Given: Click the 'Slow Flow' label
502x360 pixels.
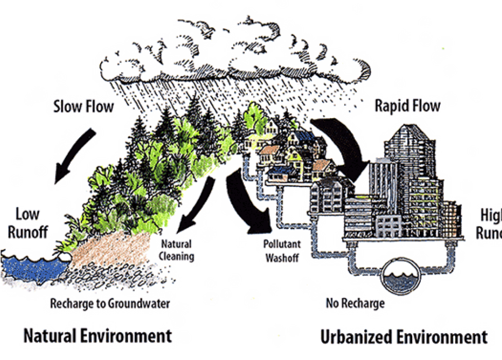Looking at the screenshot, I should (84, 107).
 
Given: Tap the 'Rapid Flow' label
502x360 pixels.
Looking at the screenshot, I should (407, 106).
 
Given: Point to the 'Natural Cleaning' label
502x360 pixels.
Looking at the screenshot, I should (178, 250).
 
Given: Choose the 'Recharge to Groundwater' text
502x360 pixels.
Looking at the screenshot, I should (109, 304).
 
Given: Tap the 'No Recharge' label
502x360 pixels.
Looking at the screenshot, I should (355, 304).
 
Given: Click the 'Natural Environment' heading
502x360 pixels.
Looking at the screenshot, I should (98, 336).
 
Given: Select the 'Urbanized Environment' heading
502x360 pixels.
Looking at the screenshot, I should (403, 337).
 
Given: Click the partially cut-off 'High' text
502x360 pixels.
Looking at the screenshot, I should (490, 215).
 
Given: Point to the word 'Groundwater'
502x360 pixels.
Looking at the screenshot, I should (139, 304).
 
